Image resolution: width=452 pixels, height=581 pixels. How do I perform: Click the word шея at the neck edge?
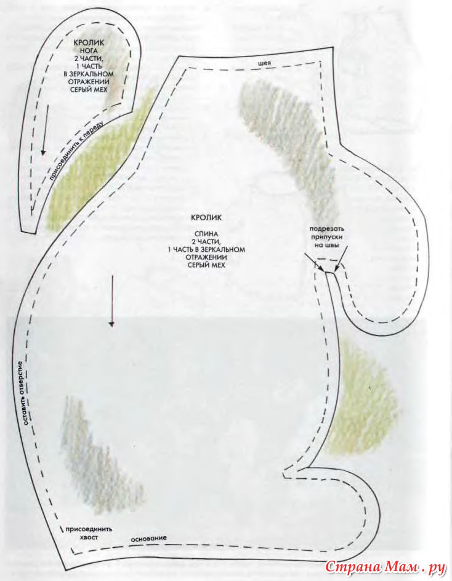tap(264, 63)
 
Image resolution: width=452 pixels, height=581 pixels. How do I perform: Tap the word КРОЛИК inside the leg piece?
tap(89, 43)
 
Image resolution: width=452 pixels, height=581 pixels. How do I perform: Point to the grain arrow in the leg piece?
tap(45, 130)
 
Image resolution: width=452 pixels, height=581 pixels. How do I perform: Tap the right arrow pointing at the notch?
tap(342, 259)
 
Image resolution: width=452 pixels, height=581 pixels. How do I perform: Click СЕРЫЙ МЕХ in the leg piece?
tap(89, 90)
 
